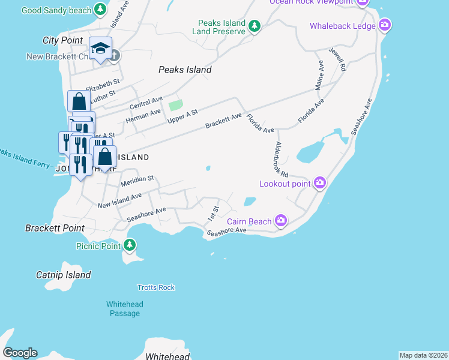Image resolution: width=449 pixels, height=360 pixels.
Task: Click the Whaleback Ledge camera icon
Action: tap(385, 26)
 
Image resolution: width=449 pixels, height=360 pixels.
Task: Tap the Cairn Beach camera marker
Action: tap(281, 221)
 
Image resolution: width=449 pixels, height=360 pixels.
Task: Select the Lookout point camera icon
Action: tap(320, 183)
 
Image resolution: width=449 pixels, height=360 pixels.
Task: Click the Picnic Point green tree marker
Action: tap(130, 245)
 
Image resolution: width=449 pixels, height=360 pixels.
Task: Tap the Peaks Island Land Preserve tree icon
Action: tap(255, 26)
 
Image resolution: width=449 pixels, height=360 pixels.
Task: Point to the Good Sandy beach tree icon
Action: tap(101, 10)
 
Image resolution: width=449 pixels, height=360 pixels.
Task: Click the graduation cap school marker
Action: tap(100, 49)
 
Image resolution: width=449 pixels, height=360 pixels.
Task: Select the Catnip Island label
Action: tap(63, 275)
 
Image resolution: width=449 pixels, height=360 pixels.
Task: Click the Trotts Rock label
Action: tap(156, 287)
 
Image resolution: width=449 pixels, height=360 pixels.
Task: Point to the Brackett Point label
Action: tap(55, 228)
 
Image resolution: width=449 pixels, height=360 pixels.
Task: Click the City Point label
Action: tap(62, 40)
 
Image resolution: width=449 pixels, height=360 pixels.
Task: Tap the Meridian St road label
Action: tap(137, 179)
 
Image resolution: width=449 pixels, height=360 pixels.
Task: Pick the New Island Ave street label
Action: tap(119, 200)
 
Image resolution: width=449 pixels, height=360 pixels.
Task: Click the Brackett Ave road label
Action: tap(223, 120)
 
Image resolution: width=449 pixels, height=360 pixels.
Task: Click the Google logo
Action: tap(20, 353)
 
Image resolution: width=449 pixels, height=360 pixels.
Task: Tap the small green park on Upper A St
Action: tap(175, 106)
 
